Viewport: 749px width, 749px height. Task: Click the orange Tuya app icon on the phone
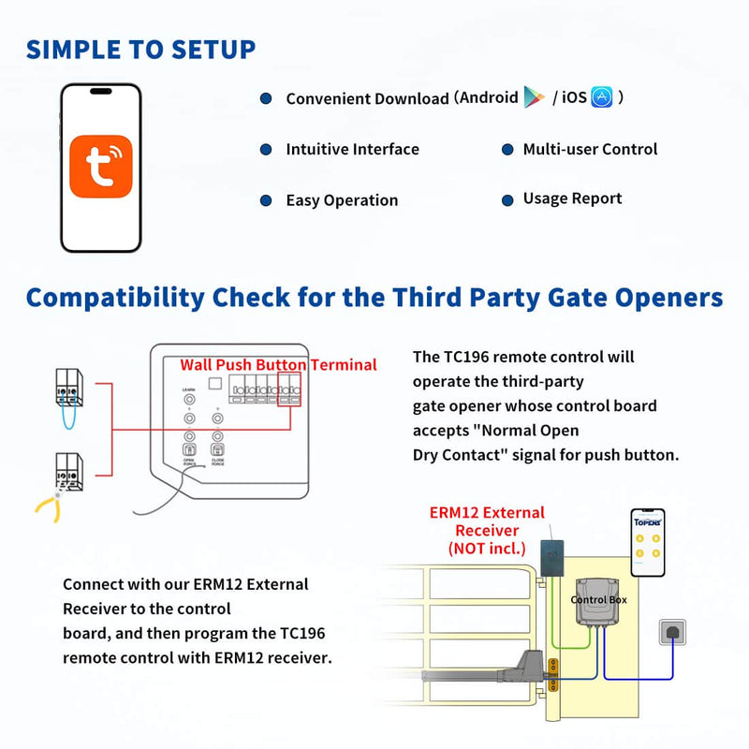[x=100, y=167]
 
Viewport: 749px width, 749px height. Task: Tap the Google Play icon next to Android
[x=534, y=97]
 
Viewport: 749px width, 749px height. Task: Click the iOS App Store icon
[x=602, y=97]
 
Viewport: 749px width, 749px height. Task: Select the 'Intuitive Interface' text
[x=352, y=150]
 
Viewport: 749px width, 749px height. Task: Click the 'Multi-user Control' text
[x=590, y=150]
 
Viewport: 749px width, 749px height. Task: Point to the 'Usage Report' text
[x=572, y=198]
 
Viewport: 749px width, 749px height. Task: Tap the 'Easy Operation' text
[x=342, y=200]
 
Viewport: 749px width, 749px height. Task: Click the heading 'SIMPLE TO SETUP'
[x=140, y=49]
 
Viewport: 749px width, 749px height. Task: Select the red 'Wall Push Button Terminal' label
[x=278, y=365]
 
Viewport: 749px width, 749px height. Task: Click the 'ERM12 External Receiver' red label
[x=486, y=530]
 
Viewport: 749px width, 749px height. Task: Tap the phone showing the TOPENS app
[x=647, y=543]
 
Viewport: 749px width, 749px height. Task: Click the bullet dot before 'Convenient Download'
[x=266, y=98]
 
